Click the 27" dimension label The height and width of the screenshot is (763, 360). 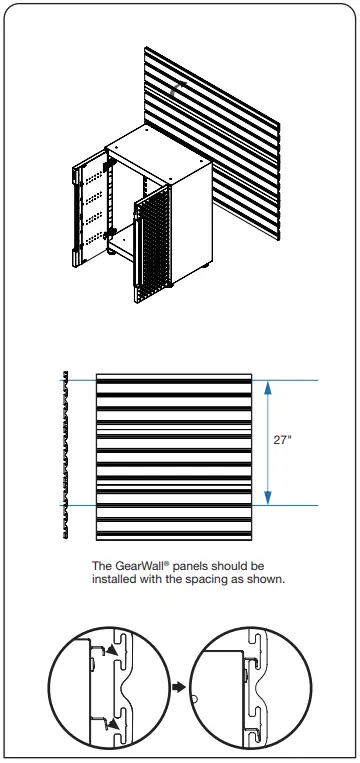284,440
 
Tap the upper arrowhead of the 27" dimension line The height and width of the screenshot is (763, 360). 267,386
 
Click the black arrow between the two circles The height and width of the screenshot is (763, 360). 178,688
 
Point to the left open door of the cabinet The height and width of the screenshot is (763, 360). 88,205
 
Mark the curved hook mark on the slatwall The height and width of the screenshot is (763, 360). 175,89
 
